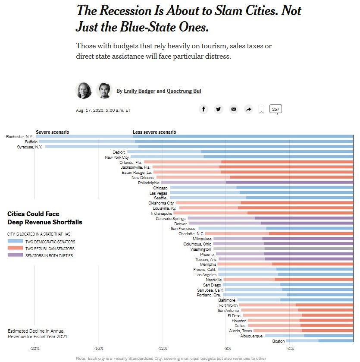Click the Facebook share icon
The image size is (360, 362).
pyautogui.click(x=203, y=109)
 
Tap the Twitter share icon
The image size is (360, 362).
pyautogui.click(x=219, y=109)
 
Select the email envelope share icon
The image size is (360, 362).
pyautogui.click(x=234, y=109)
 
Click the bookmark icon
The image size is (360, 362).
pyautogui.click(x=261, y=110)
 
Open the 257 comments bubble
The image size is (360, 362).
pyautogui.click(x=275, y=109)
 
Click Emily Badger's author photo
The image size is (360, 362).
pyautogui.click(x=84, y=91)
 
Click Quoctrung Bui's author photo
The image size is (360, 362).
pyautogui.click(x=104, y=91)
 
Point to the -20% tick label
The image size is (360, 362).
pyautogui.click(x=34, y=349)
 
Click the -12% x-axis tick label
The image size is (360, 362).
pyautogui.click(x=162, y=349)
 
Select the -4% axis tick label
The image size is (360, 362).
pyautogui.click(x=290, y=349)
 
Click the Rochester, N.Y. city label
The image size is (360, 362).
pyautogui.click(x=22, y=137)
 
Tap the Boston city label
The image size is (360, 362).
pyautogui.click(x=279, y=341)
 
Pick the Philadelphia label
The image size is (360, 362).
pyautogui.click(x=149, y=183)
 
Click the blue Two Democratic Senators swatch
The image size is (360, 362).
pyautogui.click(x=16, y=242)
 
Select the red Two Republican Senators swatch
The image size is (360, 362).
pyautogui.click(x=16, y=249)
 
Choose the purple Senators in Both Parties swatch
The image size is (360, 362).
pyautogui.click(x=16, y=256)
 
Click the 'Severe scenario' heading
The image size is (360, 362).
pyautogui.click(x=52, y=132)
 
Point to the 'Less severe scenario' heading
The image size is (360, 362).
pyautogui.click(x=154, y=132)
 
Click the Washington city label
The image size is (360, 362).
pyautogui.click(x=200, y=249)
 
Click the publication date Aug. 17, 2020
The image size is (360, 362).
pyautogui.click(x=103, y=110)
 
